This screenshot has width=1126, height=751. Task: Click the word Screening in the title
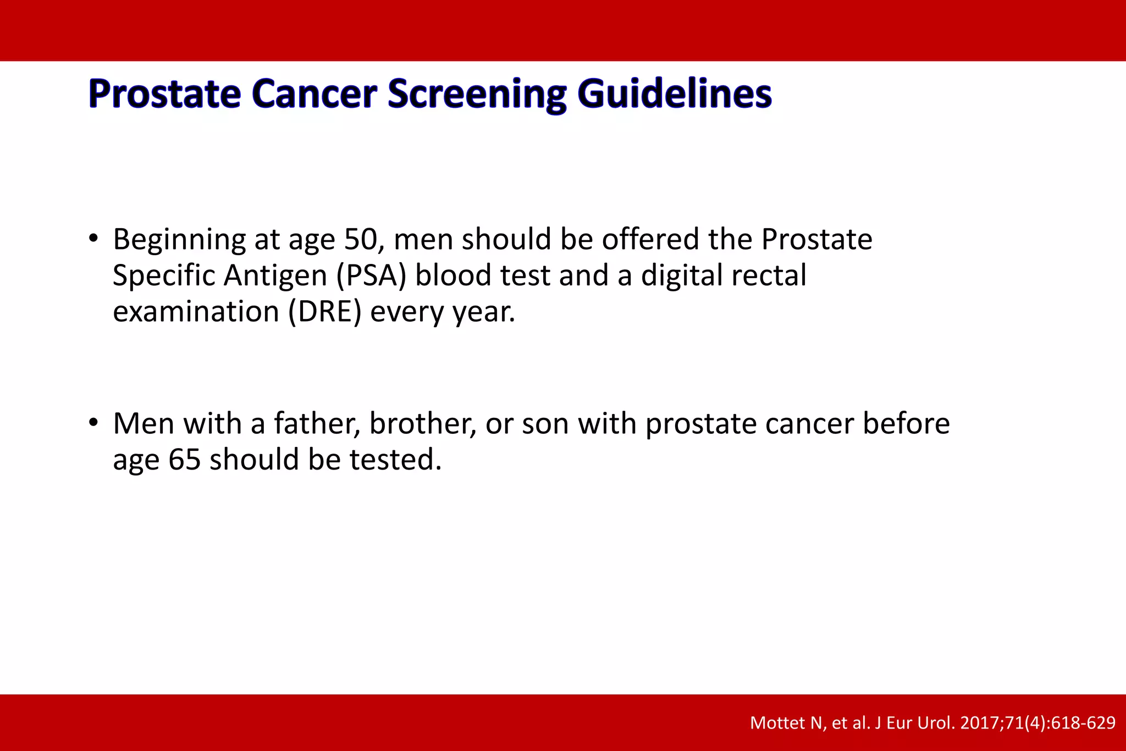tap(477, 94)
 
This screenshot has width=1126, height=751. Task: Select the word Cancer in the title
tap(314, 94)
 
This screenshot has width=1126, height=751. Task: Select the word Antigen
tap(275, 275)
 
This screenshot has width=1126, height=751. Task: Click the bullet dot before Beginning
tap(93, 239)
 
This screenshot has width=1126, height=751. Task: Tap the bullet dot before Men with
tap(93, 423)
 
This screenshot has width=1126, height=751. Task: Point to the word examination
tap(196, 312)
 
